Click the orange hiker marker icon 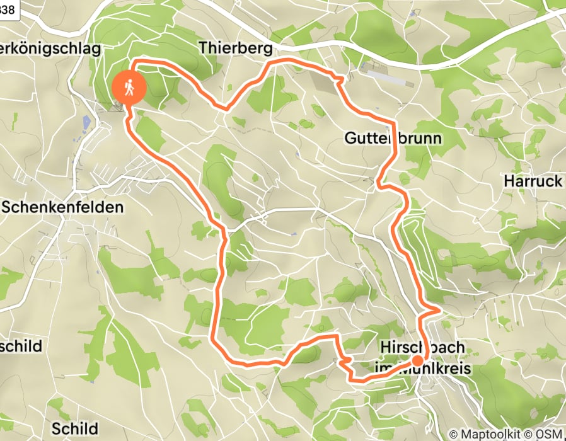(x=129, y=88)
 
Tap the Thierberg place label (x=235, y=48)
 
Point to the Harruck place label (x=533, y=181)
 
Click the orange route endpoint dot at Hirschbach (x=417, y=361)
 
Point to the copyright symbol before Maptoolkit (x=453, y=435)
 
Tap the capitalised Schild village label (x=75, y=428)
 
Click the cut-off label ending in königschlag (x=50, y=49)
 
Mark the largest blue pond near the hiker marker (x=86, y=122)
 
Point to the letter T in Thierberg (x=204, y=48)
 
